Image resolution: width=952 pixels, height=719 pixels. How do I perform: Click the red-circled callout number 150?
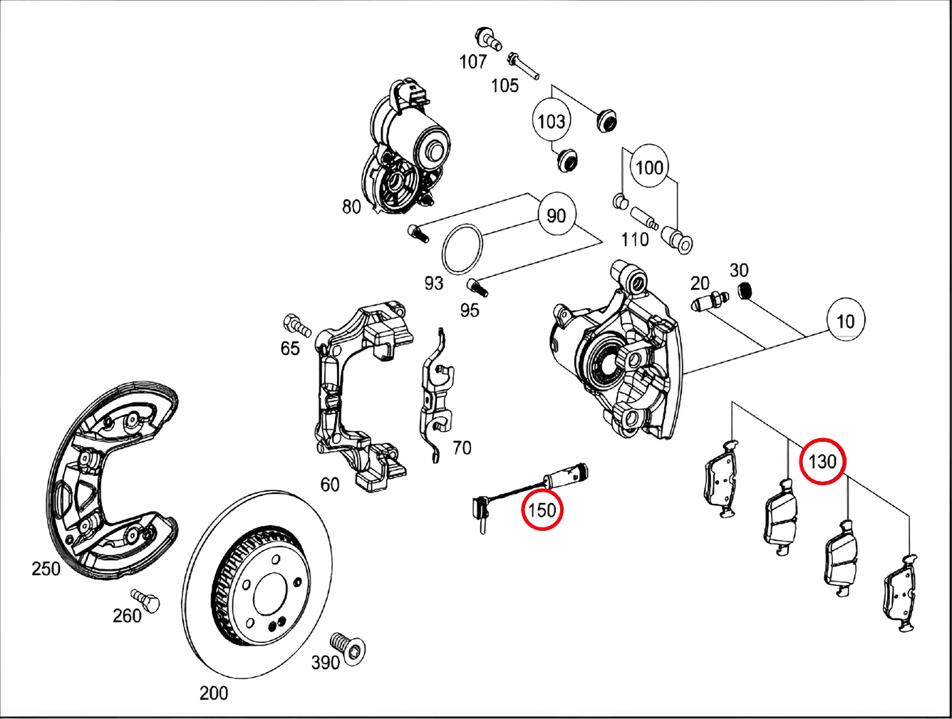[x=542, y=509]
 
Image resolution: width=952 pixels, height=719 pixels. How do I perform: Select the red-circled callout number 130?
[x=822, y=461]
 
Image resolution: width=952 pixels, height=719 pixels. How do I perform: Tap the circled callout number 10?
[x=845, y=321]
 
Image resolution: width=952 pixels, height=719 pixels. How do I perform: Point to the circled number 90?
[x=556, y=215]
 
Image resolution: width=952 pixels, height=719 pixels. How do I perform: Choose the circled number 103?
[x=551, y=121]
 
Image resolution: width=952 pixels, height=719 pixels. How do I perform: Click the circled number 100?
[x=648, y=168]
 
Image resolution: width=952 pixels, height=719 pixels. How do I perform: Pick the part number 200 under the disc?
[x=214, y=693]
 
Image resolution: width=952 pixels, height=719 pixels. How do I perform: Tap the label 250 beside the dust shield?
[x=46, y=569]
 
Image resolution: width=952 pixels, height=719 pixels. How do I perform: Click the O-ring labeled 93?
[x=462, y=248]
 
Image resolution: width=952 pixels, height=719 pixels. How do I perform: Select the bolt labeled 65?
[x=296, y=325]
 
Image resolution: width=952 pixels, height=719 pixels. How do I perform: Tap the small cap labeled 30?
[x=745, y=290]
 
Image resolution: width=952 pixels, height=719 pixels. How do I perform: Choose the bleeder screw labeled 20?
[x=710, y=301]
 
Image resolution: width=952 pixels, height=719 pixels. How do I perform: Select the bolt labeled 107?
[x=487, y=38]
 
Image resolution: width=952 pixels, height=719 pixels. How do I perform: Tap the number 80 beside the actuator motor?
[x=351, y=207]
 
